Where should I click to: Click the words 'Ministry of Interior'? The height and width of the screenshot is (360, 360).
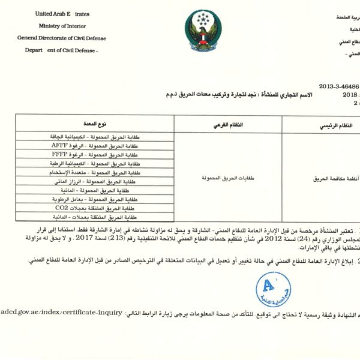click(x=62, y=26)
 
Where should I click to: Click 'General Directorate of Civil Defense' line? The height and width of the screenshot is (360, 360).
click(x=62, y=38)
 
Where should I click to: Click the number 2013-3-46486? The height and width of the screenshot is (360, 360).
click(x=337, y=86)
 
